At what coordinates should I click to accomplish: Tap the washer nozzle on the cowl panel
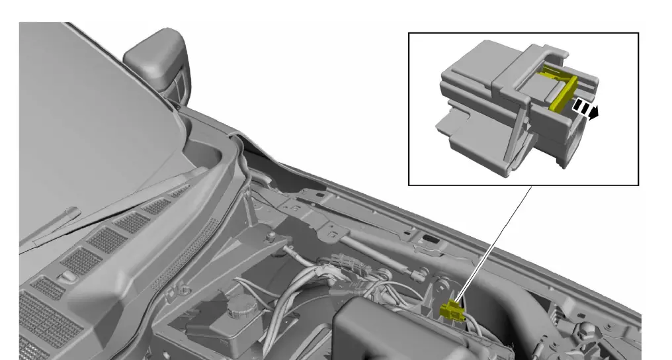(x=67, y=276)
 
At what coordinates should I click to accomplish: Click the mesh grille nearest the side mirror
(x=178, y=193)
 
